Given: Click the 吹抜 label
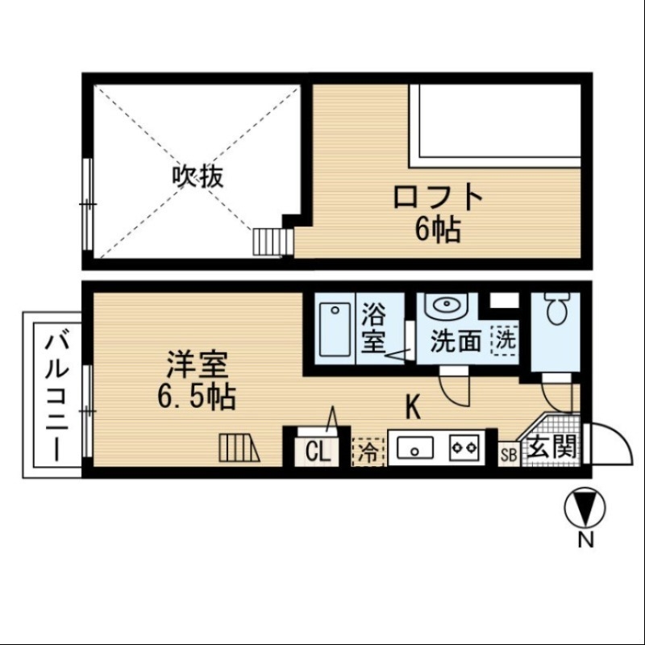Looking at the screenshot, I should [197, 176].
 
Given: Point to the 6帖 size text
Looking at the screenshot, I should [438, 231].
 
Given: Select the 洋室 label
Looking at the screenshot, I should [197, 365].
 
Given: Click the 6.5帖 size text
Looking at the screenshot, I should [197, 396].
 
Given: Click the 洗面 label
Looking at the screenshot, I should [456, 341].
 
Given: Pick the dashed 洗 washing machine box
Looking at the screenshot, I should [505, 339].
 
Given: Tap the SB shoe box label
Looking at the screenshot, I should [510, 455].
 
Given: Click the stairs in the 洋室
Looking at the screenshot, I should [239, 447].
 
